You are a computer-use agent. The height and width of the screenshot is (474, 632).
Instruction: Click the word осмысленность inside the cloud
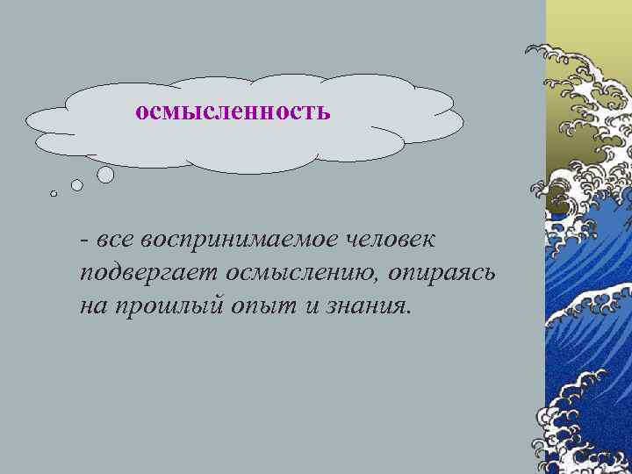(233, 112)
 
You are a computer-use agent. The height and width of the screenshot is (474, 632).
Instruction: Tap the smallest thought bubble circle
(54, 194)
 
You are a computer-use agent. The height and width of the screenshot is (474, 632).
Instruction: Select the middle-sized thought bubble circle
(77, 185)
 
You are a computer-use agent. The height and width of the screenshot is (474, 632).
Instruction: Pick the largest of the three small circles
(105, 175)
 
